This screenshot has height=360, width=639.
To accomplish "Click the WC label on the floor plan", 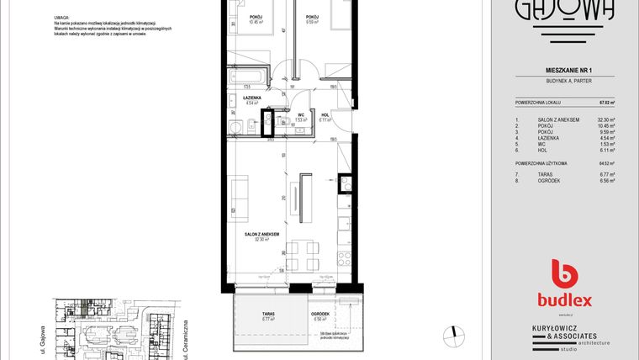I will click(300, 116).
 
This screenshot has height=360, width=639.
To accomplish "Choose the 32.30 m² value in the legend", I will click(605, 120).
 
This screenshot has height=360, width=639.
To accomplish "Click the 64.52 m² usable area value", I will click(605, 162).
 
